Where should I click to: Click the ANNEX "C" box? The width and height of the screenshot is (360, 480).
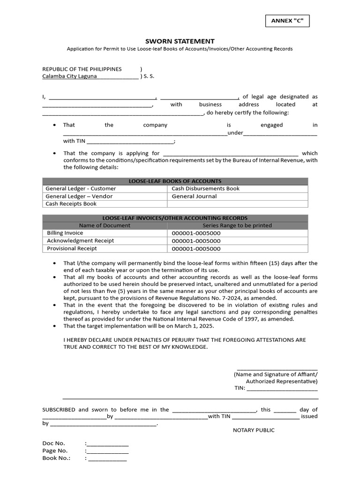pos(287,21)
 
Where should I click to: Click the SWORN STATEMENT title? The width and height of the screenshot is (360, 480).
pos(180,41)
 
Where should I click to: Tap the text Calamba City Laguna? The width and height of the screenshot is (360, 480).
pos(70,76)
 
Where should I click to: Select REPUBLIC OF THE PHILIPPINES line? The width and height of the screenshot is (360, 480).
pos(82,69)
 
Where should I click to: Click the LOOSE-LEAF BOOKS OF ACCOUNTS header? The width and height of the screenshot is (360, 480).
pos(175,181)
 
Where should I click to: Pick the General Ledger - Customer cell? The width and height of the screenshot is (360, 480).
pos(81,188)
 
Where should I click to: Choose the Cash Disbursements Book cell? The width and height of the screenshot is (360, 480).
pos(205,188)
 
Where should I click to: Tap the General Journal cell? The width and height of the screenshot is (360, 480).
pos(194,196)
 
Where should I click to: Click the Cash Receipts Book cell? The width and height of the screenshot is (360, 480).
pos(71,204)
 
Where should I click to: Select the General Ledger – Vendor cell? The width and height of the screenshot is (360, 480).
pos(79,196)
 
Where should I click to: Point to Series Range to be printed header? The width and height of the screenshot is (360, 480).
pos(237,225)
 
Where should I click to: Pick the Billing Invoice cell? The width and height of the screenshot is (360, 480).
pos(65,233)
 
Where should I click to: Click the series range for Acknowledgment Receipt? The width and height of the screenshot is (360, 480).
pos(196,241)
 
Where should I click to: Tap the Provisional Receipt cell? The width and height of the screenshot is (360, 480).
pos(72,248)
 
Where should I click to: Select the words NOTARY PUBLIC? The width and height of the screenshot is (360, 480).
pos(254,430)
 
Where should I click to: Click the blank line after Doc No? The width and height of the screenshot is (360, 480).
pos(107,444)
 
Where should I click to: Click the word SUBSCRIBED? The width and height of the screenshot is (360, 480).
pos(59,410)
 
